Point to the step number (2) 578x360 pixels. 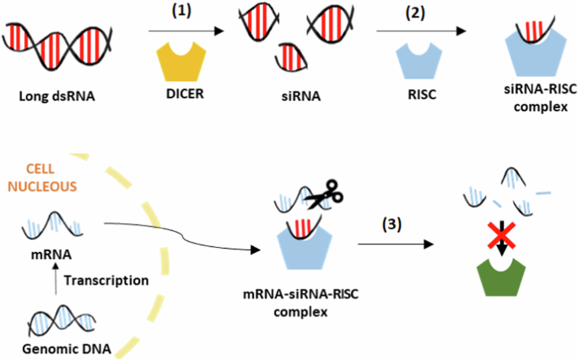tap(416, 13)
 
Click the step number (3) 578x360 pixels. tap(390, 225)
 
